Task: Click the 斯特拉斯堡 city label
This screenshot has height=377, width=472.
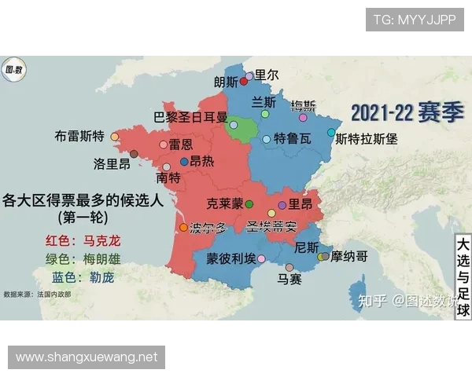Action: pyautogui.click(x=367, y=139)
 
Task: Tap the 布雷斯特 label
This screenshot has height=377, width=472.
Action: pyautogui.click(x=79, y=136)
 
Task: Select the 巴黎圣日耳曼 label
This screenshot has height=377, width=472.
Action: pyautogui.click(x=190, y=119)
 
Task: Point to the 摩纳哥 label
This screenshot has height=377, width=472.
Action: pyautogui.click(x=349, y=256)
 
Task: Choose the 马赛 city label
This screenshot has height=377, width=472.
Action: pyautogui.click(x=289, y=279)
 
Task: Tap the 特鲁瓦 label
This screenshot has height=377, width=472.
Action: pyautogui.click(x=293, y=139)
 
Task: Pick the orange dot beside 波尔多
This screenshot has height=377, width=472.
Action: pyautogui.click(x=184, y=228)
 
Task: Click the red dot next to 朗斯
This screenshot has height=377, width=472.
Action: pyautogui.click(x=244, y=82)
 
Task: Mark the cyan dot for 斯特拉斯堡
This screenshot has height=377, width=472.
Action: pyautogui.click(x=331, y=133)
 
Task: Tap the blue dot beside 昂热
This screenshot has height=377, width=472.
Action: pyautogui.click(x=184, y=160)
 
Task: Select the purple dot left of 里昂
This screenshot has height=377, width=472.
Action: pyautogui.click(x=282, y=204)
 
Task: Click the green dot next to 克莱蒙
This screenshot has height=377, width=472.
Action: pyautogui.click(x=249, y=204)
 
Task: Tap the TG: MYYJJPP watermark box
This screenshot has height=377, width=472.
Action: pyautogui.click(x=415, y=20)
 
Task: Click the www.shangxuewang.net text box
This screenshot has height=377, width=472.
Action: pyautogui.click(x=87, y=357)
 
